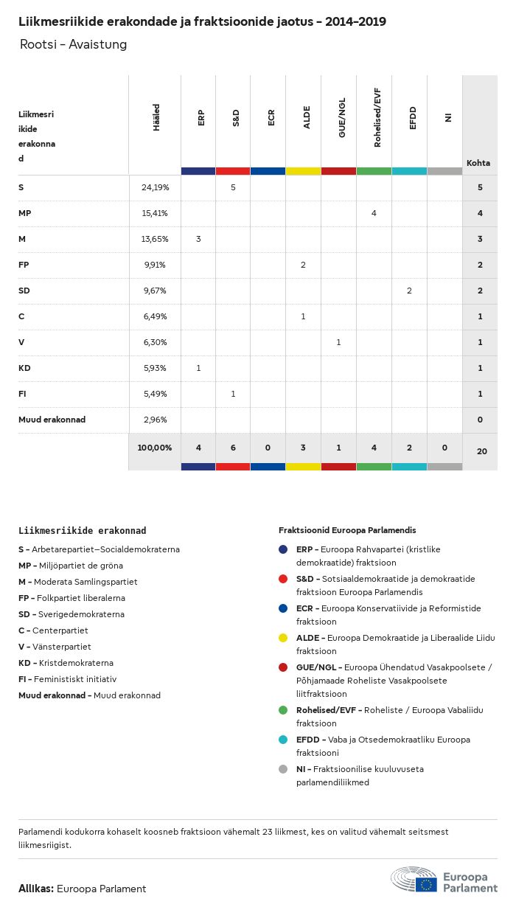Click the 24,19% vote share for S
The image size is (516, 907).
pyautogui.click(x=155, y=187)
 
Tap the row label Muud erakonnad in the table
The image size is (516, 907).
pyautogui.click(x=52, y=420)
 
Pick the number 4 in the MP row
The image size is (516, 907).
pyautogui.click(x=374, y=213)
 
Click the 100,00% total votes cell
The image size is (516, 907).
pyautogui.click(x=155, y=448)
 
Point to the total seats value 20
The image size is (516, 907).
pyautogui.click(x=481, y=450)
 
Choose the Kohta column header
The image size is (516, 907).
pyautogui.click(x=478, y=163)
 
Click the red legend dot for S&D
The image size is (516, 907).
pyautogui.click(x=283, y=579)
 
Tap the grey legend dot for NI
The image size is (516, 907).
pyautogui.click(x=283, y=769)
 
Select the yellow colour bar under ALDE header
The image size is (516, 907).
pyautogui.click(x=303, y=171)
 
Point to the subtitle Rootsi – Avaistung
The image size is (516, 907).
pyautogui.click(x=73, y=44)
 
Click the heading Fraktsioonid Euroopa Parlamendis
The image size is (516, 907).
pyautogui.click(x=347, y=530)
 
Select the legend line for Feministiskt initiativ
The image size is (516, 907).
pyautogui.click(x=67, y=679)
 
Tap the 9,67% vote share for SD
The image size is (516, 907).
pyautogui.click(x=155, y=291)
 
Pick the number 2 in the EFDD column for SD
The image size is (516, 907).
pyautogui.click(x=409, y=291)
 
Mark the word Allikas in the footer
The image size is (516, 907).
pyautogui.click(x=35, y=889)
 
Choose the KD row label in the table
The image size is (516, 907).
pyautogui.click(x=24, y=368)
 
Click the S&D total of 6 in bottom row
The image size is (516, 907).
pyautogui.click(x=233, y=448)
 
